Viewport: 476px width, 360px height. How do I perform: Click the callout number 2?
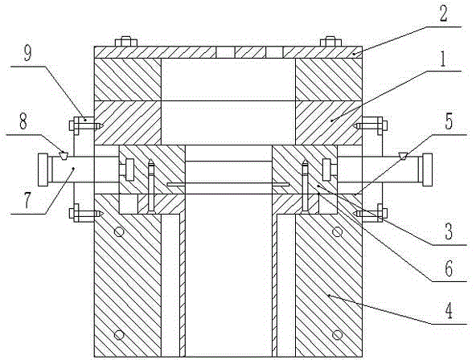tap(443, 14)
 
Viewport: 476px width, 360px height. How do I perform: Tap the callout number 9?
tap(28, 52)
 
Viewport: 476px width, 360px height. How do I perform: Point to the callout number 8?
tap(23, 121)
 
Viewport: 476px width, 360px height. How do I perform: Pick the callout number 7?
tap(27, 200)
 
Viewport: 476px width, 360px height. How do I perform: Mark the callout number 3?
tap(449, 231)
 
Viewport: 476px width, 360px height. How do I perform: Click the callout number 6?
tap(449, 268)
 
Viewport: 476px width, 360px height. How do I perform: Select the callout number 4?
tap(449, 310)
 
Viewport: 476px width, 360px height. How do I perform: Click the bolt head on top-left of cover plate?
tap(126, 42)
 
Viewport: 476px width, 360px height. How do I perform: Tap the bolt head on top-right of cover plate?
tap(330, 42)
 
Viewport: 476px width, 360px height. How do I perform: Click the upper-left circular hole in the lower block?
tap(119, 232)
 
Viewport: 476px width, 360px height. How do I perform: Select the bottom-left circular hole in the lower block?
tap(119, 335)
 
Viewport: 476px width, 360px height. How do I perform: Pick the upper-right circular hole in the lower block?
tap(337, 232)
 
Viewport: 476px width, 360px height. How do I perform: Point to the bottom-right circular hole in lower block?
tap(337, 335)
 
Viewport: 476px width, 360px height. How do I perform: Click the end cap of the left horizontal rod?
tap(43, 170)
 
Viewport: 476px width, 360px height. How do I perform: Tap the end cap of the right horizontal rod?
tap(428, 170)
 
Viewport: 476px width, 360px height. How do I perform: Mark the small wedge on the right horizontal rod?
tap(403, 155)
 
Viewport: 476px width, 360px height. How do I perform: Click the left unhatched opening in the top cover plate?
tap(225, 52)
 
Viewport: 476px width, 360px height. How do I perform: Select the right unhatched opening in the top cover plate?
tap(274, 52)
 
